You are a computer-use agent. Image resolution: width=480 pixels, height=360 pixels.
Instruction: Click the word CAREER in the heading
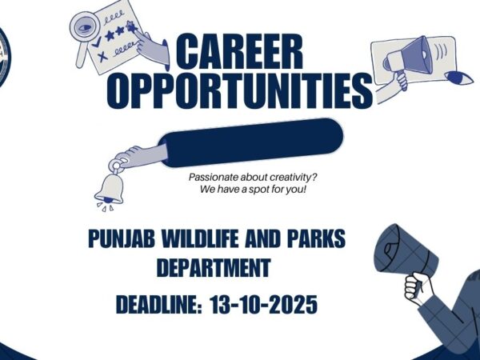[x=239, y=54]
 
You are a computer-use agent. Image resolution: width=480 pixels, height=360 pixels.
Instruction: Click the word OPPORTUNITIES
[x=239, y=90]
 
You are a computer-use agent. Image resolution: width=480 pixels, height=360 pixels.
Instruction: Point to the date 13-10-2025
[x=265, y=305]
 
